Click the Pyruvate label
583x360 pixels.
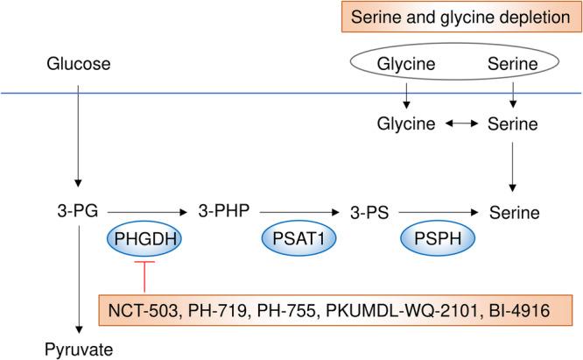(x=79, y=350)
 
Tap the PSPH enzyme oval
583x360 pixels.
(x=432, y=238)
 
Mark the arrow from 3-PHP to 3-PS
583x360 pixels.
(x=298, y=212)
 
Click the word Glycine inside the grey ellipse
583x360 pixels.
(x=405, y=65)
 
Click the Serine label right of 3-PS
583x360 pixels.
(x=515, y=212)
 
